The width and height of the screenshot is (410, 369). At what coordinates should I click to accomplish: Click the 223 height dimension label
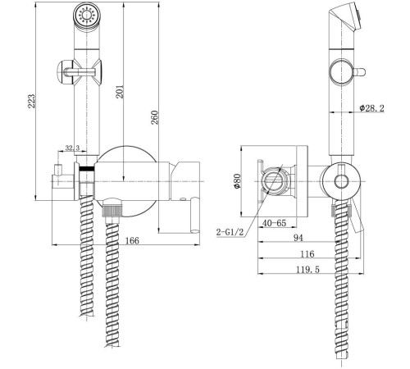(32, 101)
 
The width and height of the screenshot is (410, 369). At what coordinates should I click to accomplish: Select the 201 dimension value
(120, 92)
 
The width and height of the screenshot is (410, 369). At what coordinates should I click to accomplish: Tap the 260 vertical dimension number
(155, 117)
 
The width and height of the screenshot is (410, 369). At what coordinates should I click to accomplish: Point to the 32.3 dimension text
(72, 148)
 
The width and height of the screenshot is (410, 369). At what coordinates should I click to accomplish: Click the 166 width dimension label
(132, 240)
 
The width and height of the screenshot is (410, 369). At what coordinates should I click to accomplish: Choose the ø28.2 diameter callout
(371, 108)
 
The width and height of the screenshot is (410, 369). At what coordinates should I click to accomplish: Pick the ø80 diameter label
(237, 181)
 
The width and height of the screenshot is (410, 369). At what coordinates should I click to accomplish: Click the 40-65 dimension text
(274, 223)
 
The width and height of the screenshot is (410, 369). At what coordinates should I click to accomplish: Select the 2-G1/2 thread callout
(230, 232)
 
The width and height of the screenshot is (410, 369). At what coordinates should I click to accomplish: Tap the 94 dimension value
(298, 238)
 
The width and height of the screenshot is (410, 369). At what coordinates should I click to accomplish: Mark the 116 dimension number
(307, 254)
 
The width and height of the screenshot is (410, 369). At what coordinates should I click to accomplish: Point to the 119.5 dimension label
(308, 270)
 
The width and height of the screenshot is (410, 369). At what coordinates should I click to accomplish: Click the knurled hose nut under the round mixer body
(112, 208)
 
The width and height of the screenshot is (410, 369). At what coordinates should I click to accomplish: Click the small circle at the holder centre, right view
(342, 181)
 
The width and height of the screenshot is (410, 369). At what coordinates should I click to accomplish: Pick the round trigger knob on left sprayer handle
(65, 72)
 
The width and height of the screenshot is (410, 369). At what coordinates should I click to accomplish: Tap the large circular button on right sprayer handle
(340, 72)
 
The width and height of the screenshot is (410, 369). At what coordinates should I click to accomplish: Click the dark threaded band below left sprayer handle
(87, 169)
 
